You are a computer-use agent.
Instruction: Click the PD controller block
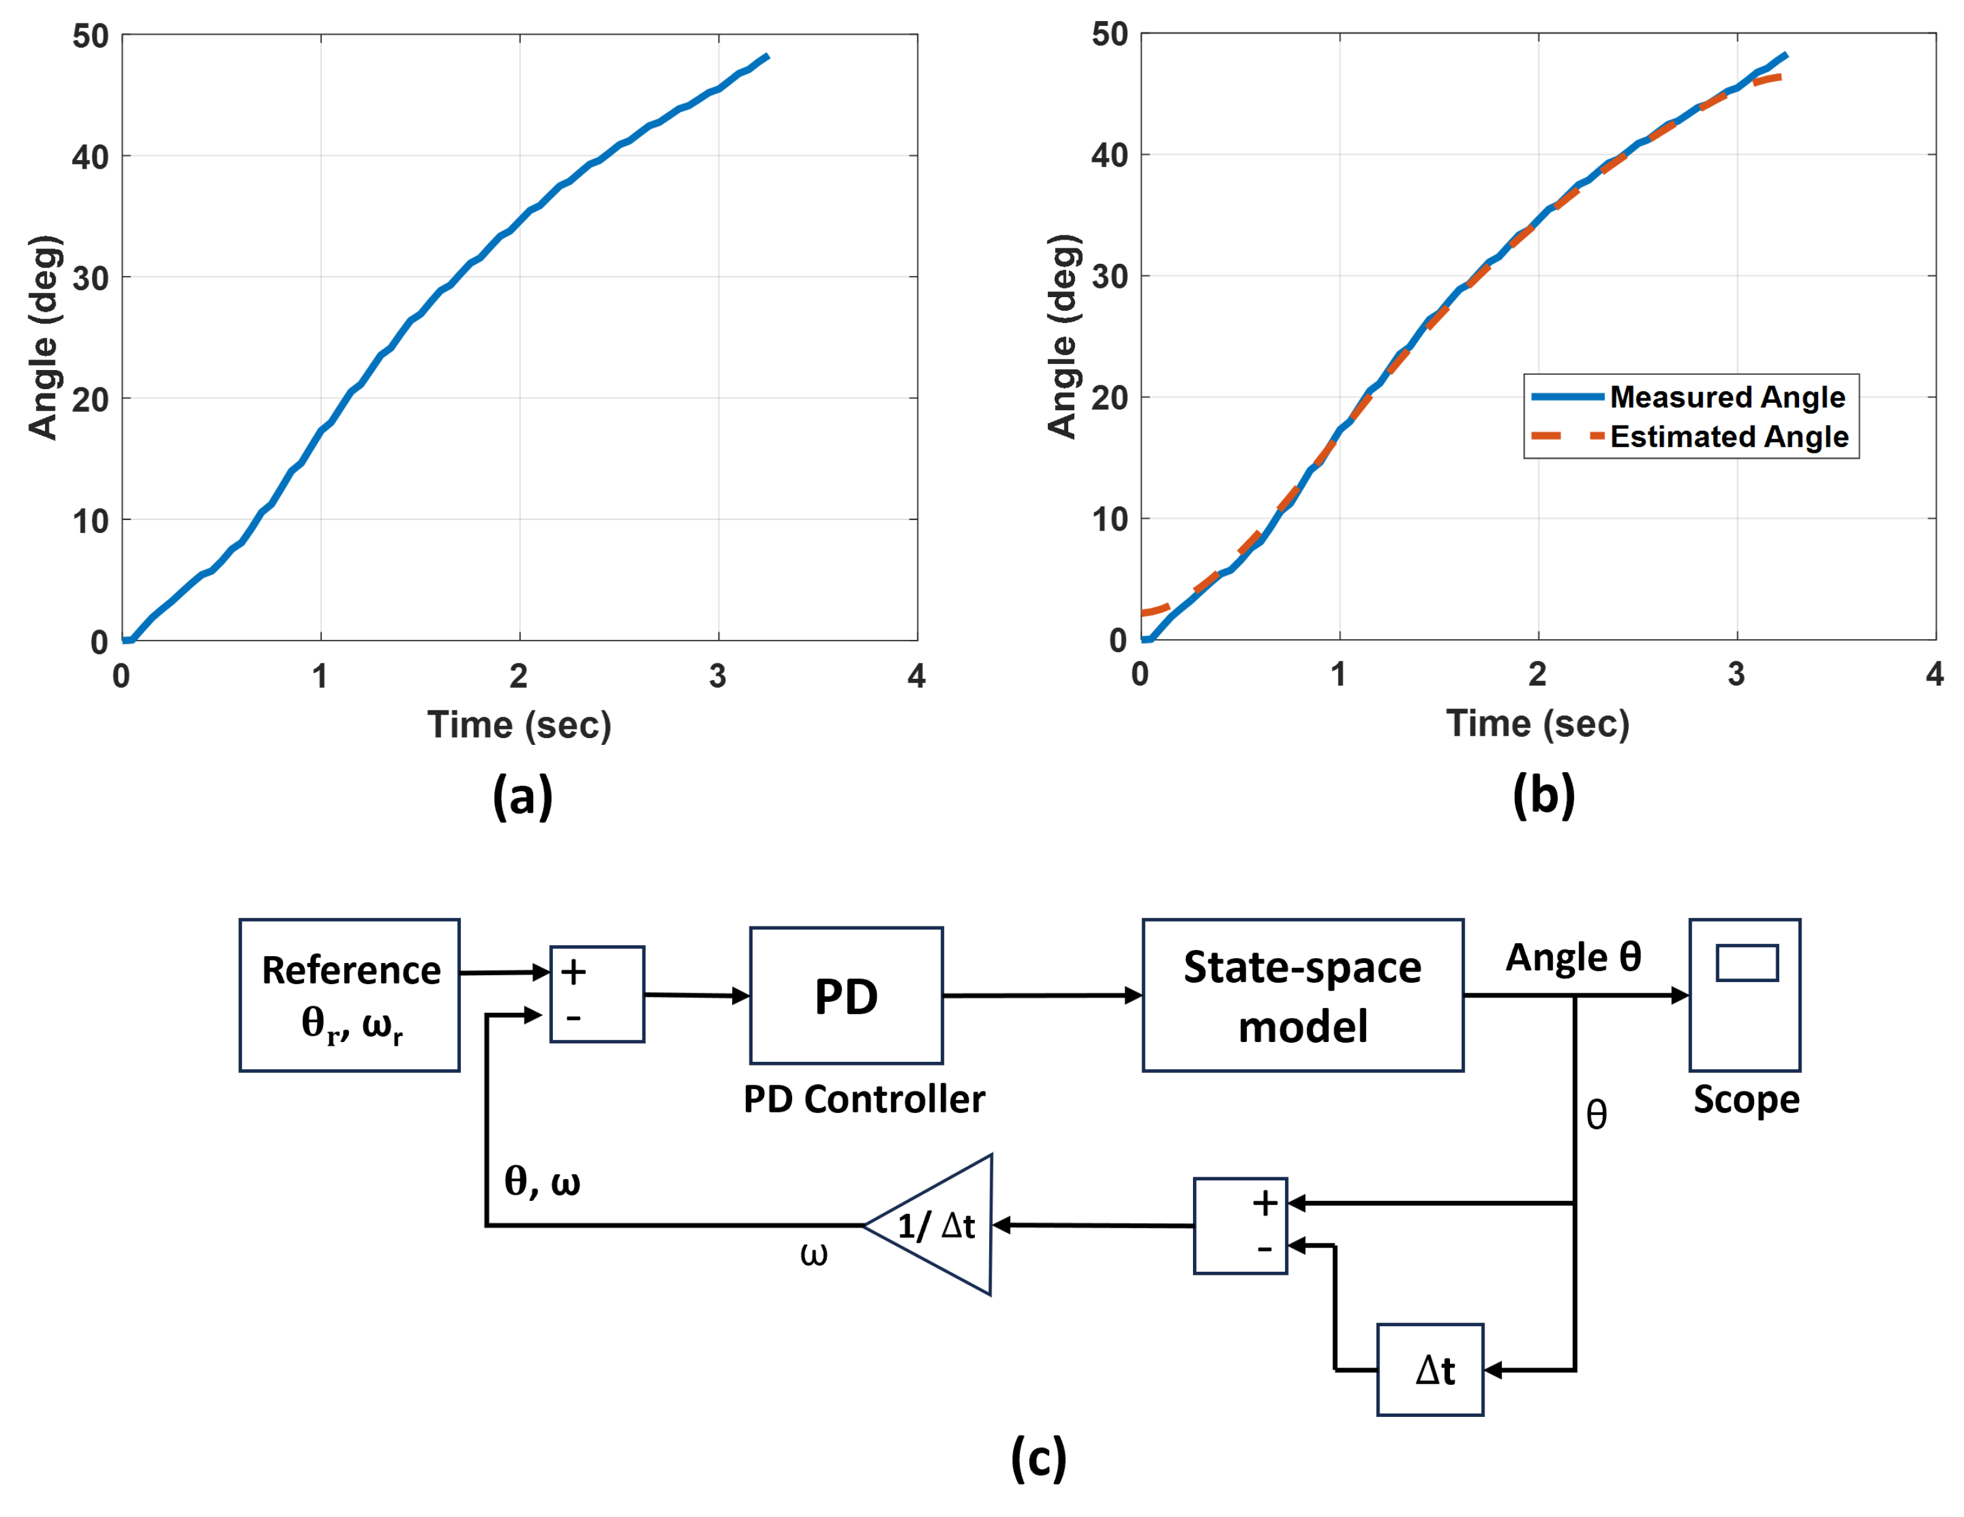tap(845, 996)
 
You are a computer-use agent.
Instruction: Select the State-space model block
tap(1302, 996)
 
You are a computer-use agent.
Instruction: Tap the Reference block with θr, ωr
tap(350, 996)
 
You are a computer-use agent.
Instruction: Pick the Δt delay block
tap(1429, 1369)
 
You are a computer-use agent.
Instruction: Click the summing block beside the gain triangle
tap(1240, 1225)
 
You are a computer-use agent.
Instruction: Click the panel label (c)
tap(1038, 1456)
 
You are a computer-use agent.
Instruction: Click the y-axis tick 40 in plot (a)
tap(90, 158)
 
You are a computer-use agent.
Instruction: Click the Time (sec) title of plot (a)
tap(519, 725)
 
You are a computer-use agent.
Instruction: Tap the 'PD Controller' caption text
tap(863, 1099)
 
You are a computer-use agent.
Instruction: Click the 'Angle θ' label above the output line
tap(1573, 957)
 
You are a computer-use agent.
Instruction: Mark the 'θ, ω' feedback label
tap(541, 1181)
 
